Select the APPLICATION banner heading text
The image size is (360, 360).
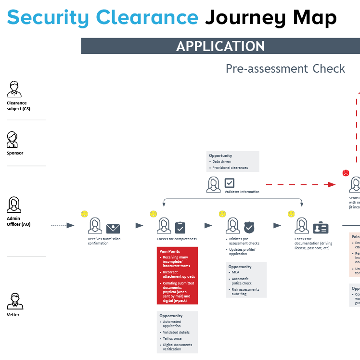point(220,46)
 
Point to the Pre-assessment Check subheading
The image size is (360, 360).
point(285,69)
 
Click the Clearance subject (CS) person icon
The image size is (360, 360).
point(14,89)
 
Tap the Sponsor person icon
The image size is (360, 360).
point(13,140)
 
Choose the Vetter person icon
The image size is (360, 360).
point(14,301)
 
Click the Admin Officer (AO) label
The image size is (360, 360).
point(19,221)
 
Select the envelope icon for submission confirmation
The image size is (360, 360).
point(113,228)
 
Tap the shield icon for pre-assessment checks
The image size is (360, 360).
point(249,227)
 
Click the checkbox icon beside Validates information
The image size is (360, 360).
point(230,183)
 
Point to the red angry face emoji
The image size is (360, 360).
point(346,173)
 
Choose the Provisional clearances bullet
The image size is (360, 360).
point(230,167)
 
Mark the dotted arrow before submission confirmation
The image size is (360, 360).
point(63,225)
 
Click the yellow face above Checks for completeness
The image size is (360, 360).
point(154,214)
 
